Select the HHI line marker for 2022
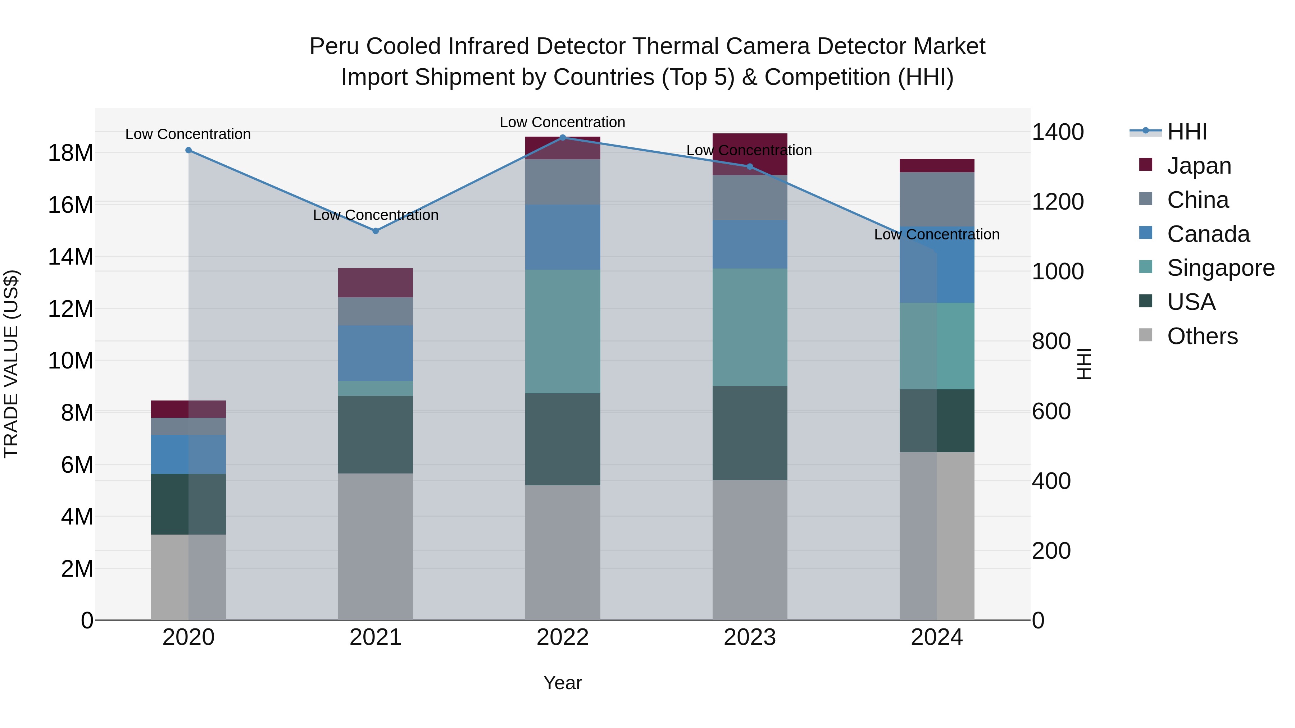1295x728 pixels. pyautogui.click(x=563, y=138)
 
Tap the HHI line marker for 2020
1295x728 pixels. pyautogui.click(x=188, y=150)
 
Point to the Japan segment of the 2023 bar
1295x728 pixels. pyautogui.click(x=750, y=154)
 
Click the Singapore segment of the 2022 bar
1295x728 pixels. pyautogui.click(x=563, y=331)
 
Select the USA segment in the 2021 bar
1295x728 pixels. pyautogui.click(x=376, y=435)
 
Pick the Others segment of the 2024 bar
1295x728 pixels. pyautogui.click(x=937, y=536)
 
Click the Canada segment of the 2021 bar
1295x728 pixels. pyautogui.click(x=376, y=353)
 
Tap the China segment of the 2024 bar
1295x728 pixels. pyautogui.click(x=937, y=200)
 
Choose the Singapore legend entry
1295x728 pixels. pyautogui.click(x=1220, y=268)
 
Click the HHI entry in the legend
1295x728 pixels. pyautogui.click(x=1186, y=132)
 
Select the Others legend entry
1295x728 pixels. pyautogui.click(x=1201, y=336)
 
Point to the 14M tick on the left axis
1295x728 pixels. pyautogui.click(x=71, y=257)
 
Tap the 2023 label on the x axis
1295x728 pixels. pyautogui.click(x=750, y=637)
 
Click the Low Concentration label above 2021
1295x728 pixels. pyautogui.click(x=376, y=215)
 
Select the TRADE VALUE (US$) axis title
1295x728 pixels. pyautogui.click(x=11, y=364)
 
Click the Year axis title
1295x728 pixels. pyautogui.click(x=563, y=683)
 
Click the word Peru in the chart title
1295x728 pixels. pyautogui.click(x=334, y=46)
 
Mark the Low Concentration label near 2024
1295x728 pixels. pyautogui.click(x=937, y=235)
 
